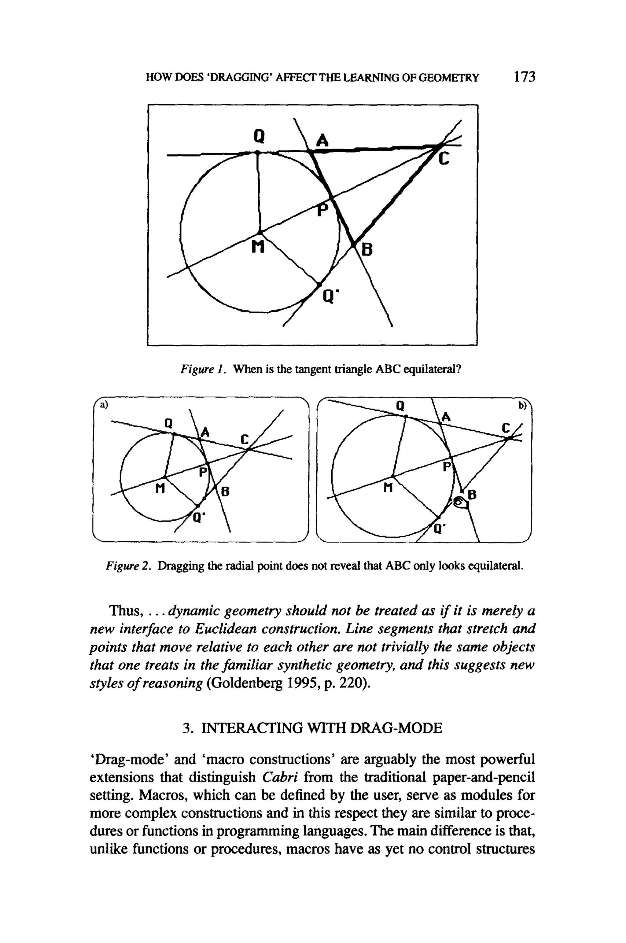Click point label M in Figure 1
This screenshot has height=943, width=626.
[x=258, y=248]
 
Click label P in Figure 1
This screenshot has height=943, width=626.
[x=322, y=210]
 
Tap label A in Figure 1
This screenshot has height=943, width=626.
[x=322, y=141]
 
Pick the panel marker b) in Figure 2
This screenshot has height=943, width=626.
[x=523, y=406]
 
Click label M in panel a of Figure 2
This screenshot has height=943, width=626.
[x=160, y=488]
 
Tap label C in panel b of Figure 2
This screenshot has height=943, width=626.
[x=506, y=428]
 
